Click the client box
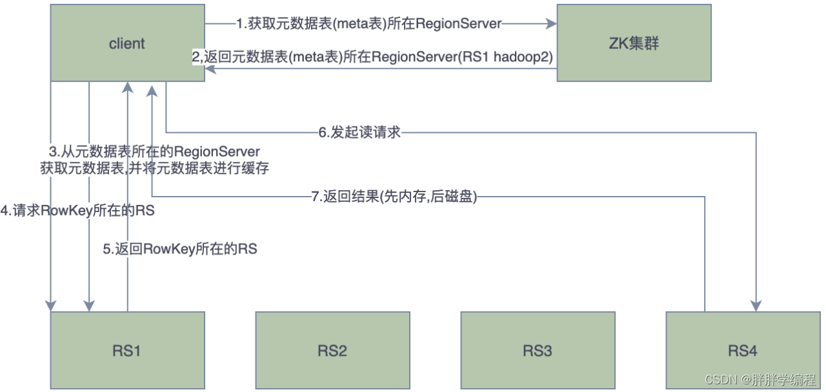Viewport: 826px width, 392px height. [127, 43]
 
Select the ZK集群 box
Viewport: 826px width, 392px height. [634, 43]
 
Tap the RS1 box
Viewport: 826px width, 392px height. [127, 351]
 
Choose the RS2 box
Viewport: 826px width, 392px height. [332, 351]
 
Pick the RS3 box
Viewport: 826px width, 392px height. [538, 351]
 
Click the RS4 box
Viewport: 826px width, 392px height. [743, 351]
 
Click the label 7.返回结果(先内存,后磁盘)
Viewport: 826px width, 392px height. [394, 197]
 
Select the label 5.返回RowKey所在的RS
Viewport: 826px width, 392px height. [180, 248]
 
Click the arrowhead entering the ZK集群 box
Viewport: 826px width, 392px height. [552, 24]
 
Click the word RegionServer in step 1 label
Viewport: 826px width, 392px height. [459, 24]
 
